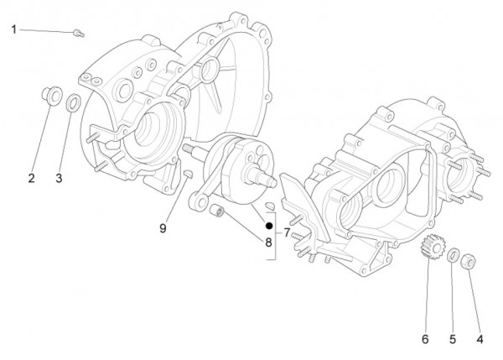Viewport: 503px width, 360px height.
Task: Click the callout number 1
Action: (14, 29)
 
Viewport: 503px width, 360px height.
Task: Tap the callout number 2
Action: (31, 177)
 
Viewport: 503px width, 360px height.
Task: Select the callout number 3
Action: (59, 177)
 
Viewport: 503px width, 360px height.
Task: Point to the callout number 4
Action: (480, 339)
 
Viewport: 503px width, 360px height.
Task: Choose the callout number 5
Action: (453, 339)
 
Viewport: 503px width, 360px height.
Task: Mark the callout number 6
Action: (425, 339)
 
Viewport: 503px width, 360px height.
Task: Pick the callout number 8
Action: (268, 243)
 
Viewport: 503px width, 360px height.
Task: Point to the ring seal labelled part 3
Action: (74, 103)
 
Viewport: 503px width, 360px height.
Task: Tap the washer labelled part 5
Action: (452, 255)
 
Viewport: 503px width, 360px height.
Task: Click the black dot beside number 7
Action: (268, 226)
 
